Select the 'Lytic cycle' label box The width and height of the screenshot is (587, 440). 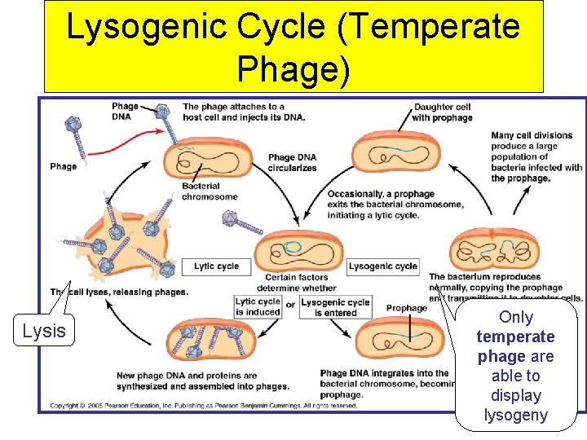click(x=216, y=266)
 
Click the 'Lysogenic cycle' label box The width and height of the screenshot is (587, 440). click(x=383, y=266)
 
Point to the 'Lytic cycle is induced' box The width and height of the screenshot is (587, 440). click(x=257, y=307)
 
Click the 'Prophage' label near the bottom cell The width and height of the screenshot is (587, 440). click(x=406, y=308)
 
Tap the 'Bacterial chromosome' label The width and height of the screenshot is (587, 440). click(x=209, y=191)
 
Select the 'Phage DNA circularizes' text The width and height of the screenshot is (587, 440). click(x=292, y=162)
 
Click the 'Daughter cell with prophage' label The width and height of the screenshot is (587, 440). click(x=442, y=112)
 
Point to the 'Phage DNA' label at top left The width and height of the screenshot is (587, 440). click(x=125, y=111)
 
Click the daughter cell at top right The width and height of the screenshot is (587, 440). click(x=399, y=156)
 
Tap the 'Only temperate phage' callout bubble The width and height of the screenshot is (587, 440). click(x=516, y=366)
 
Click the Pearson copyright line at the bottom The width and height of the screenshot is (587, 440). click(x=204, y=405)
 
